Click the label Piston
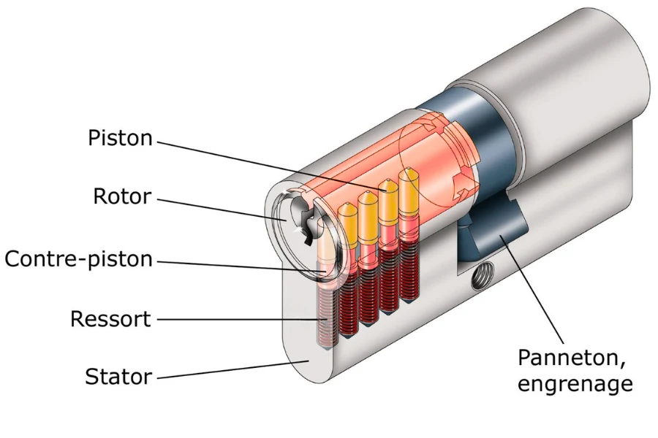[120, 138]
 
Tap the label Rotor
[122, 196]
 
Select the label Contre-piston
[79, 258]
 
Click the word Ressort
[110, 319]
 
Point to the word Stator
[118, 377]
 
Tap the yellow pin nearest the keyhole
[348, 223]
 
